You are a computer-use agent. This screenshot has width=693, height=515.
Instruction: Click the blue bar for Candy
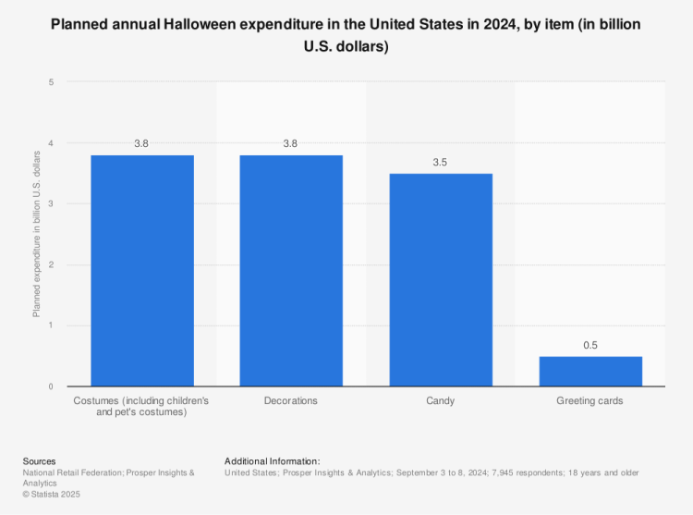coord(441,279)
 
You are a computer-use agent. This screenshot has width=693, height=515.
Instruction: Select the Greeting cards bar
coord(590,371)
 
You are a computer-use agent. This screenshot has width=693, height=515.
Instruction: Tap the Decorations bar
coord(291,270)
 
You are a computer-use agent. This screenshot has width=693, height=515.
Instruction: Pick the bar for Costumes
coord(141,270)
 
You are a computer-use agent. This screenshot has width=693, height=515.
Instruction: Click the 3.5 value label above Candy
coord(441,162)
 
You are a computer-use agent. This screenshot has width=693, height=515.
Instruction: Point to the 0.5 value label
coord(590,345)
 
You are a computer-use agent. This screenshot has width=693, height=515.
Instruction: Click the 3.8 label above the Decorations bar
coord(291,143)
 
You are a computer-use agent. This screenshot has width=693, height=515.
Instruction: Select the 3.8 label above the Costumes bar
coord(141,143)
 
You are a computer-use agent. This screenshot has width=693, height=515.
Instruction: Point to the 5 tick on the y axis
coord(52,82)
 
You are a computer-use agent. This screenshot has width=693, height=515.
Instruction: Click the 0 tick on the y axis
coord(52,386)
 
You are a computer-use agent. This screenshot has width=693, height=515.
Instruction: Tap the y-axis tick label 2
coord(52,264)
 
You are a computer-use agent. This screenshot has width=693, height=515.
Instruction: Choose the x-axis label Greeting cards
coord(590,401)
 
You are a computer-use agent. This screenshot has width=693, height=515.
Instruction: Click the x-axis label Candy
coord(441,401)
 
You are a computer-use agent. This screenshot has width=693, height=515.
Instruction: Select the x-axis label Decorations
coord(291,401)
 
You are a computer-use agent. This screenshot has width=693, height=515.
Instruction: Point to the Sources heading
coord(40,460)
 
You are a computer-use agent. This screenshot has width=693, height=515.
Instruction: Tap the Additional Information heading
coord(272,460)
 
